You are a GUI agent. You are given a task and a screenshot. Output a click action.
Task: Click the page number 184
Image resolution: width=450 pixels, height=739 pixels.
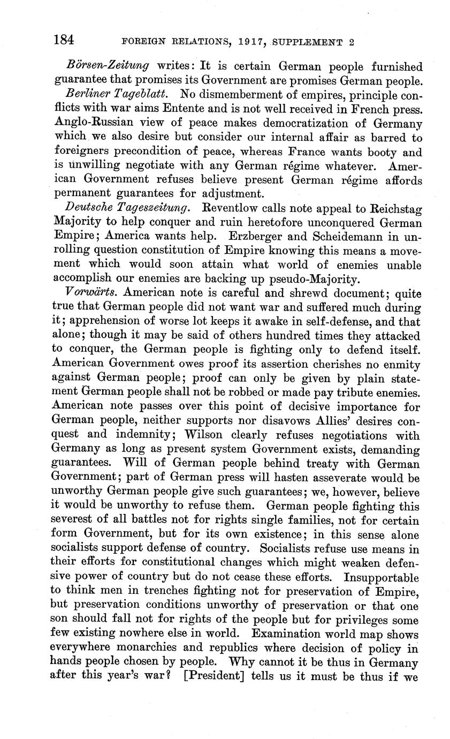[64, 40]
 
